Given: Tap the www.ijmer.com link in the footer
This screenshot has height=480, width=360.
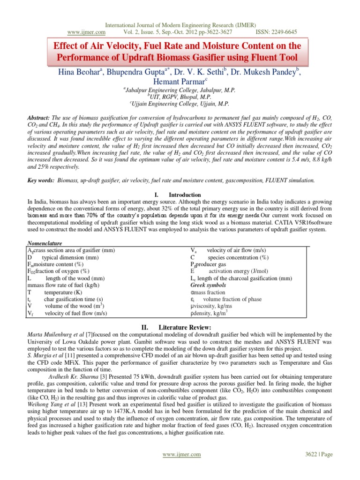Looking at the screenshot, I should click(182, 454).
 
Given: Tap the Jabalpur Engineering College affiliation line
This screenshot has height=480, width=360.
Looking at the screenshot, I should click(180, 90).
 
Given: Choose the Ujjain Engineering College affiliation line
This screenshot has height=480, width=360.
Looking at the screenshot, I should click(180, 103).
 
